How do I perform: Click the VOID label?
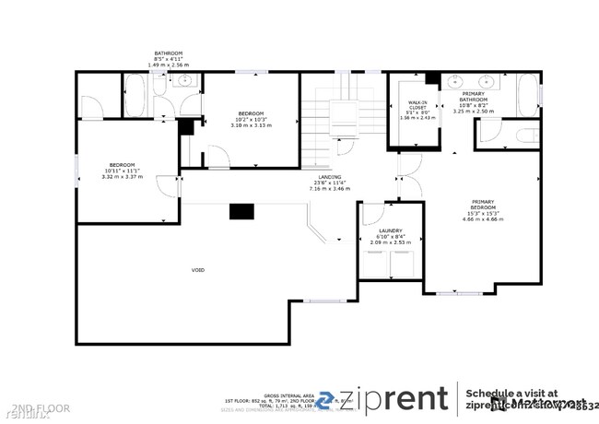pos(197,270)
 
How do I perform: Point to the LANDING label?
pos(330,177)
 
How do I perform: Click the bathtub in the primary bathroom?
pos(527,95)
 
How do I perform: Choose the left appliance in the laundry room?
pos(377,264)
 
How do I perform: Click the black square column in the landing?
pos(241,211)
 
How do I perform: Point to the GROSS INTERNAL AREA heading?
pos(288,393)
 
